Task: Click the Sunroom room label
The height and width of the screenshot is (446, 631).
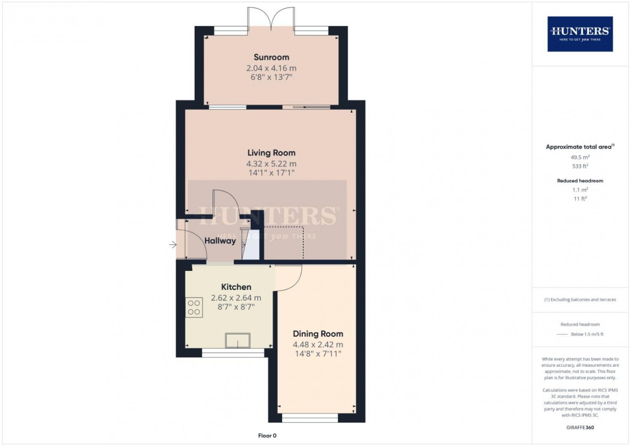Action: click(271, 57)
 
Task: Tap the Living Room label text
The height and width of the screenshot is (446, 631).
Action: click(271, 153)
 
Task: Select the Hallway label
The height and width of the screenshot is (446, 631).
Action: click(220, 241)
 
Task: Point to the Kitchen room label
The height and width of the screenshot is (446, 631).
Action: click(236, 287)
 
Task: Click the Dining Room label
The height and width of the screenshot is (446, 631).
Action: click(318, 334)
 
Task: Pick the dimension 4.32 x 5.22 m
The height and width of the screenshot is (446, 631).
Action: click(271, 164)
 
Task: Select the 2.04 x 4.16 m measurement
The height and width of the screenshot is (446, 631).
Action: click(271, 68)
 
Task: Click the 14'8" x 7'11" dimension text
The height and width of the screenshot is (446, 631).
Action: click(318, 354)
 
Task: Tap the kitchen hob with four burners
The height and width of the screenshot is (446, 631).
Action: click(194, 308)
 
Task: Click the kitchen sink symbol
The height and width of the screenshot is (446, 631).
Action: click(238, 340)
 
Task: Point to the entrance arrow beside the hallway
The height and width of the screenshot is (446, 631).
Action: click(173, 244)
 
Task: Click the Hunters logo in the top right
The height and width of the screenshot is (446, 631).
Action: click(580, 34)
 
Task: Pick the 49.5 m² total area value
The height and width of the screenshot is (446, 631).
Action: click(580, 157)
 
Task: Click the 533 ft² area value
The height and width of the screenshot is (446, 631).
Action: click(580, 166)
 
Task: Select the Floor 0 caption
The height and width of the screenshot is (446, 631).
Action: click(267, 435)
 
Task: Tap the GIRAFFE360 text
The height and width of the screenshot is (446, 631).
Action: click(580, 427)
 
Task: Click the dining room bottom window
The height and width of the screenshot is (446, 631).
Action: click(310, 418)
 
